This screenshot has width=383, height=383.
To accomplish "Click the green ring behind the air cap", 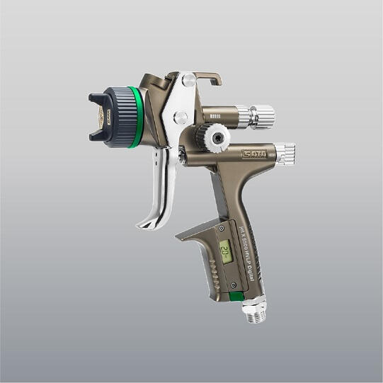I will coord(133,117).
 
